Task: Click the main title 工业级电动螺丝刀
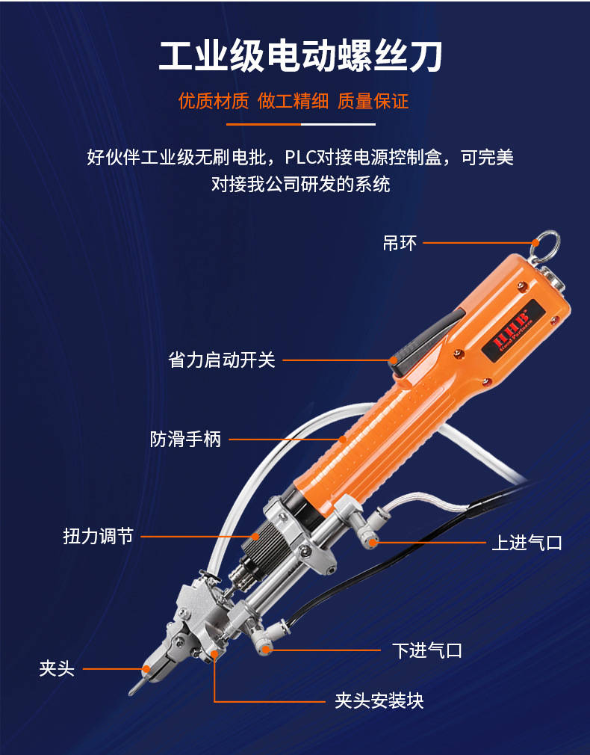click(300, 57)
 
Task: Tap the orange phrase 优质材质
click(213, 101)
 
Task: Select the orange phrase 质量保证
click(373, 101)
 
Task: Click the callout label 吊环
click(400, 243)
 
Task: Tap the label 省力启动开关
click(221, 360)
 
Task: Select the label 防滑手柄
click(186, 439)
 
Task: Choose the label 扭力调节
click(98, 536)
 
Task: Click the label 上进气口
click(527, 543)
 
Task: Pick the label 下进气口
click(427, 650)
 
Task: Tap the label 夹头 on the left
click(57, 668)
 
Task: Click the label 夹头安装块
click(379, 700)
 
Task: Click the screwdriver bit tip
click(131, 692)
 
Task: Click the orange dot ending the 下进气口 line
click(264, 650)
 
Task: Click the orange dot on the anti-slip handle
click(342, 439)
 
